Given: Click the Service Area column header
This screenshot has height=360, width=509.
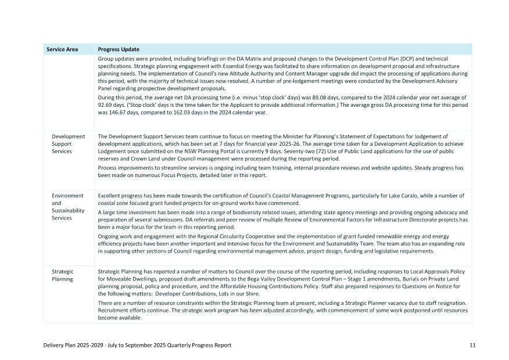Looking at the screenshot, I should pyautogui.click(x=62, y=49).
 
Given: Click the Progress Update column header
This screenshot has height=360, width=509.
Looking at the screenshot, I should pyautogui.click(x=119, y=49).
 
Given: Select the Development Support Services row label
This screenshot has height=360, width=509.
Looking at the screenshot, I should pyautogui.click(x=69, y=144).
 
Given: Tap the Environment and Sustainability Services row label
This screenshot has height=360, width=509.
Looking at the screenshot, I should pyautogui.click(x=69, y=207).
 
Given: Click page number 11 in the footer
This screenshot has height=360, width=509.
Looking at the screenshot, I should pyautogui.click(x=472, y=345).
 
